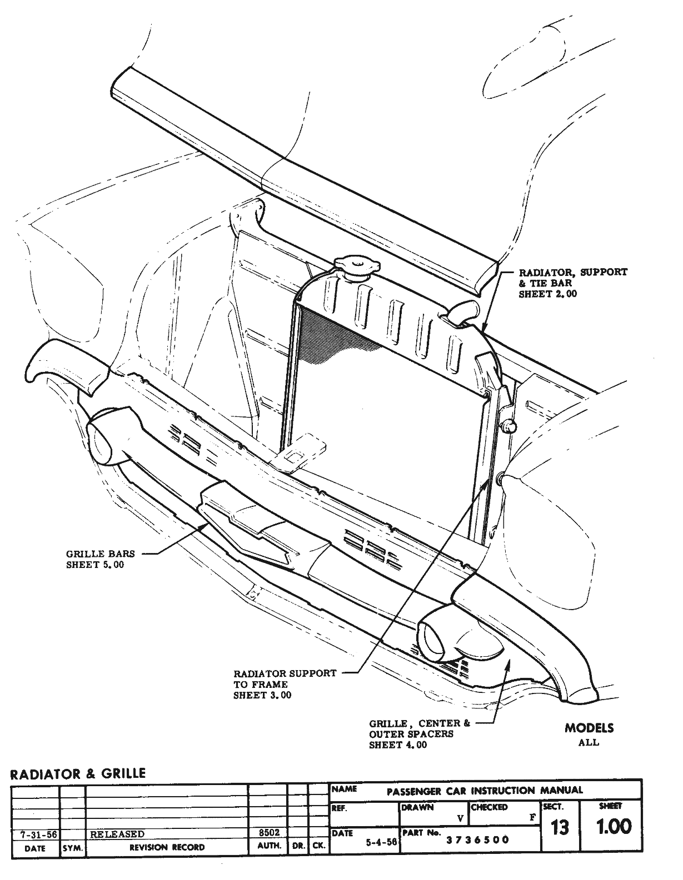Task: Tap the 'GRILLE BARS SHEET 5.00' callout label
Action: click(x=101, y=559)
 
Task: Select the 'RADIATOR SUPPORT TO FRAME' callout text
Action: click(x=285, y=684)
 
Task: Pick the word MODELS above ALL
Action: click(x=589, y=728)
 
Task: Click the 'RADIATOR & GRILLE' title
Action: click(x=78, y=773)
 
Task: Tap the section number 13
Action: click(x=560, y=827)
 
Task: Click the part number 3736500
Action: click(x=477, y=839)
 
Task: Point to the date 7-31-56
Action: click(x=34, y=834)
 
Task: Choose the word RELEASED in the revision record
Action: click(x=117, y=834)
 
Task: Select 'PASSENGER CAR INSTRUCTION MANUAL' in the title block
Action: click(x=485, y=791)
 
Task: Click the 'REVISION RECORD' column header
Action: click(x=167, y=847)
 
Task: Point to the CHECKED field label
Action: click(x=489, y=807)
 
